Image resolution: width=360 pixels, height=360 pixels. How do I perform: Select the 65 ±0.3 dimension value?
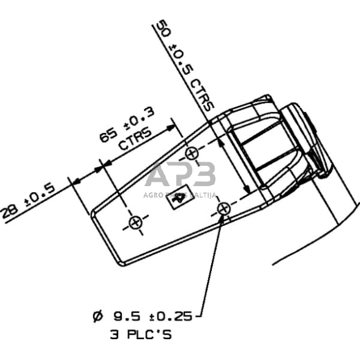[126, 126]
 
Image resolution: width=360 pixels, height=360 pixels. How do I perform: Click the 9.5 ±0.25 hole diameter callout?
[153, 317]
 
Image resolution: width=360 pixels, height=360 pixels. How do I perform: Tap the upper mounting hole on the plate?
[192, 153]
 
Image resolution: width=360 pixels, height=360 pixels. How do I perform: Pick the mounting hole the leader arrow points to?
[224, 209]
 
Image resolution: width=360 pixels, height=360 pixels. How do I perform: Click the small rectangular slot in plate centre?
[179, 199]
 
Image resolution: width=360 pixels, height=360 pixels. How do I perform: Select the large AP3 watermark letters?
[181, 175]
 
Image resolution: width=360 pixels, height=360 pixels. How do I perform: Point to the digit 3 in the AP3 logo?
[204, 175]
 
